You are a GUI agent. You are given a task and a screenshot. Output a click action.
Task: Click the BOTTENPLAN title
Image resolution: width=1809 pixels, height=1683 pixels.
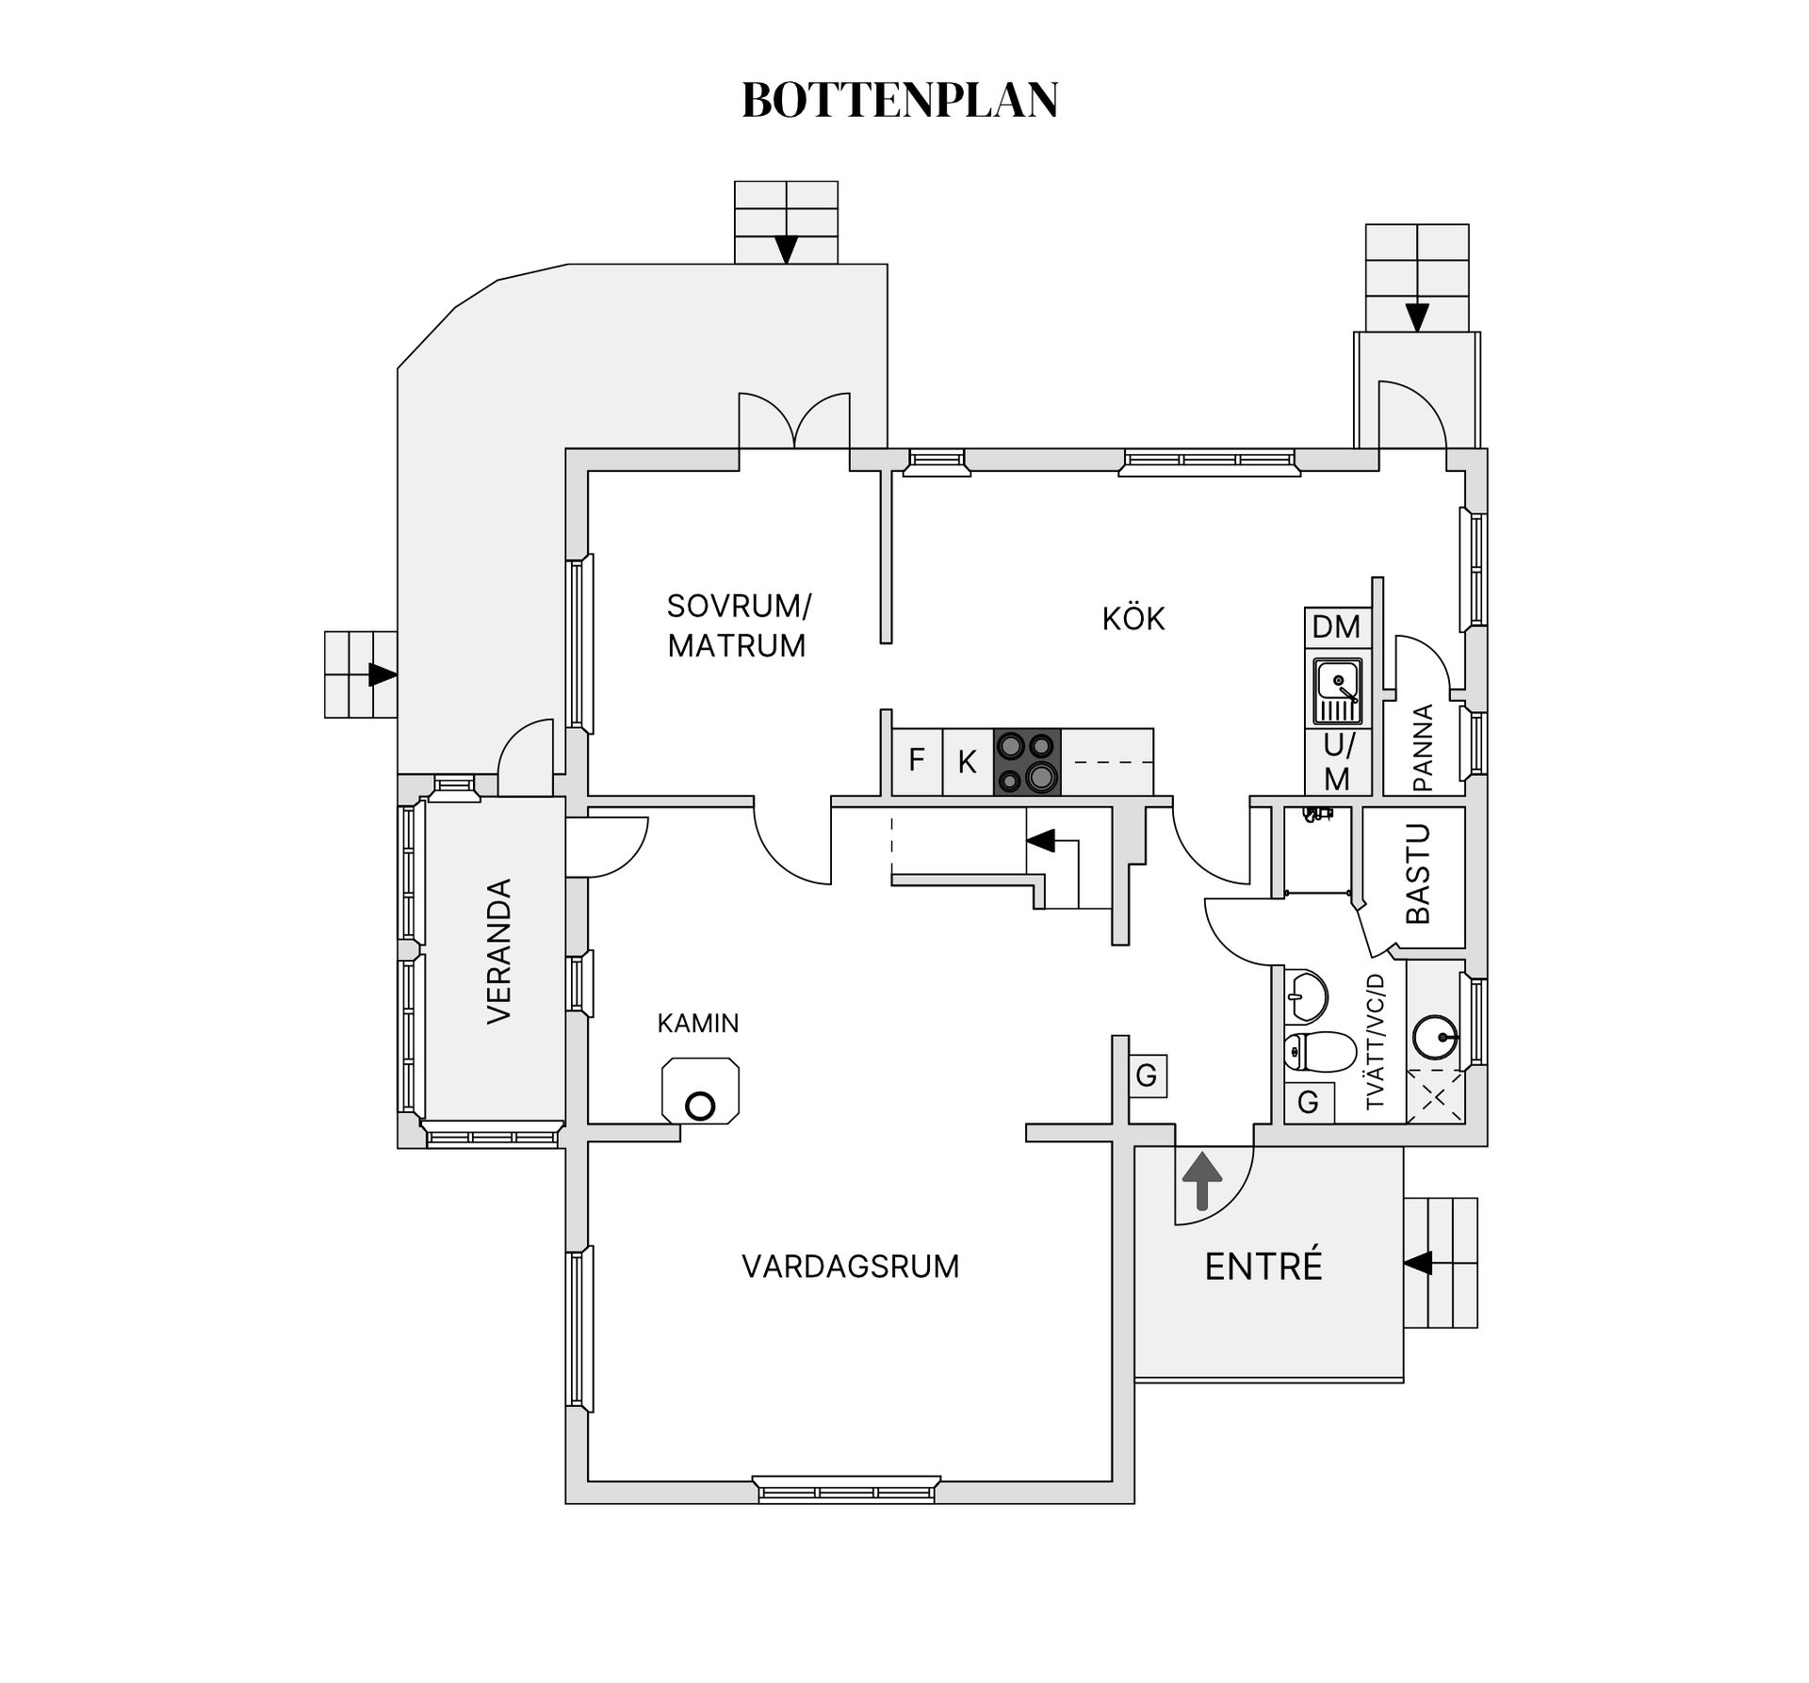coord(900,100)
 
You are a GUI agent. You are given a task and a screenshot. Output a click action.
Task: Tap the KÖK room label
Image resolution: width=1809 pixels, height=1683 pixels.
coord(1133,619)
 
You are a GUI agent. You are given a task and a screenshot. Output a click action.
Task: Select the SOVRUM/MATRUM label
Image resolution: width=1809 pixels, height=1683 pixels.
coord(738,625)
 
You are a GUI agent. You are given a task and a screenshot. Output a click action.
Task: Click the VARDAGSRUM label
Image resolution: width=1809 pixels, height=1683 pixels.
coord(850,1267)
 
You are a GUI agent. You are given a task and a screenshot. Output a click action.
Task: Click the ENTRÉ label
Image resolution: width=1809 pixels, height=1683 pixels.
coord(1263,1267)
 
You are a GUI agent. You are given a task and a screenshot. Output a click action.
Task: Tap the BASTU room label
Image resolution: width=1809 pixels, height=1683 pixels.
coord(1418,873)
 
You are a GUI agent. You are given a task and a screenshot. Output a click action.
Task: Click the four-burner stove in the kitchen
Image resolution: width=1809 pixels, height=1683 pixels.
coord(1027,762)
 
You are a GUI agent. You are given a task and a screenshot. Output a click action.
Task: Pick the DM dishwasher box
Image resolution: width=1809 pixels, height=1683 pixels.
coord(1336,626)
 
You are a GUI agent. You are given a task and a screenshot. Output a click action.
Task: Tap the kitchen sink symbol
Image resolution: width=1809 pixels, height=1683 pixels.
coord(1338,690)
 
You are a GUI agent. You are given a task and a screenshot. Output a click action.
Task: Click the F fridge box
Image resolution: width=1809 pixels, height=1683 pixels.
coord(917,760)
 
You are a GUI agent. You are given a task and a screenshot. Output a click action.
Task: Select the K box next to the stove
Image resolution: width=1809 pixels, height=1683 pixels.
coord(968,762)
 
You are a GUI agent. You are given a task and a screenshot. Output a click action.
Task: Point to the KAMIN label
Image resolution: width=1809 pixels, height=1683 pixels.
coord(698,1023)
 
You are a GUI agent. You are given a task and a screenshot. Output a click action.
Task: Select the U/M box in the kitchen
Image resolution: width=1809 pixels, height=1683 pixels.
coord(1337,762)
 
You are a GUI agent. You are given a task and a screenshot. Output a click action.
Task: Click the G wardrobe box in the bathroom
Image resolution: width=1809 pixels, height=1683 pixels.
coord(1308,1102)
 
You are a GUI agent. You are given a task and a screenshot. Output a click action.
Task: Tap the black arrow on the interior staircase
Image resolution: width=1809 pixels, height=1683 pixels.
coord(1040,840)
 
